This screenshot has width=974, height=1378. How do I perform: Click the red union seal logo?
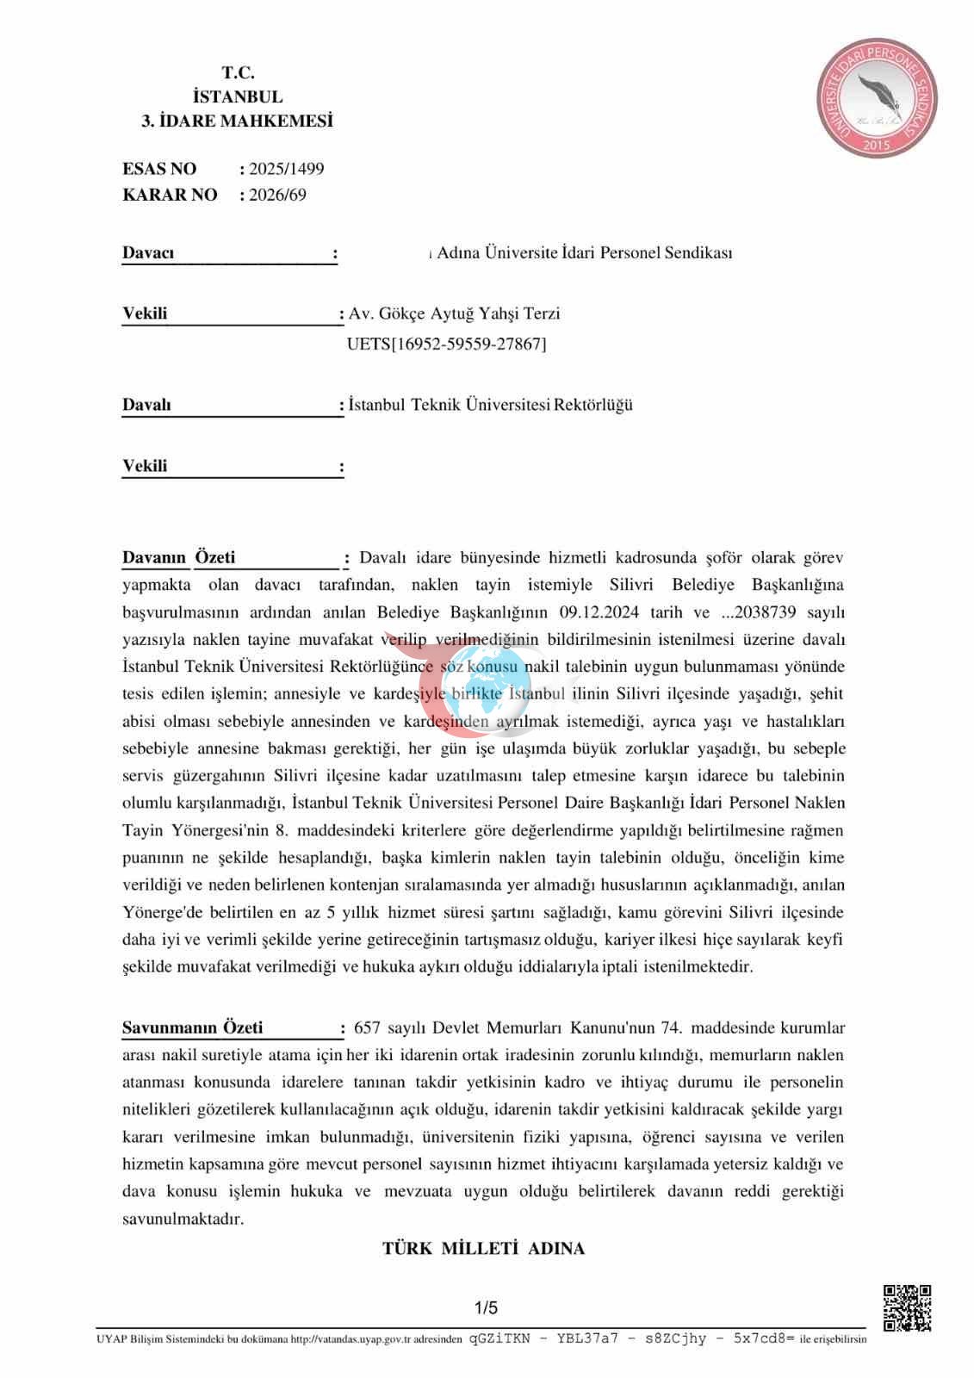point(877,97)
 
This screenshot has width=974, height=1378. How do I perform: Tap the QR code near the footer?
point(907,1307)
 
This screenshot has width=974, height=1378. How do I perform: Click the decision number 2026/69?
point(277,195)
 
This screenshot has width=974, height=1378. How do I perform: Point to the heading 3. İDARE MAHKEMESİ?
point(237,121)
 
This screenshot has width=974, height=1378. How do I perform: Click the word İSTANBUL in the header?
point(238,97)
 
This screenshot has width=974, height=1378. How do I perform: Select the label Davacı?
point(148,253)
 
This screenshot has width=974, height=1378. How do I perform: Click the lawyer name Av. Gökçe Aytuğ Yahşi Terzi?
point(454,313)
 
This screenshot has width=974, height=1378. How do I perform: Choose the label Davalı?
point(146,405)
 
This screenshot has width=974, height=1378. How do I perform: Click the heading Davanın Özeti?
point(178,558)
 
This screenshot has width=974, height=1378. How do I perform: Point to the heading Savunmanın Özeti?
point(192,1027)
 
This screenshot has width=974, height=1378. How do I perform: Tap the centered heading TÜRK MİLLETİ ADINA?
point(483,1248)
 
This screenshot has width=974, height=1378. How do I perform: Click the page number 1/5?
point(486,1308)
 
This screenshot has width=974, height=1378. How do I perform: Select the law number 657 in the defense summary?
point(367,1027)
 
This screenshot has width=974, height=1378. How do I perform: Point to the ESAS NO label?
point(159,169)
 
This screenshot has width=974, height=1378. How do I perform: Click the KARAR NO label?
point(170,195)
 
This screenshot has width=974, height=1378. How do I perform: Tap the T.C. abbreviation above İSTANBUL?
point(238,73)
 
